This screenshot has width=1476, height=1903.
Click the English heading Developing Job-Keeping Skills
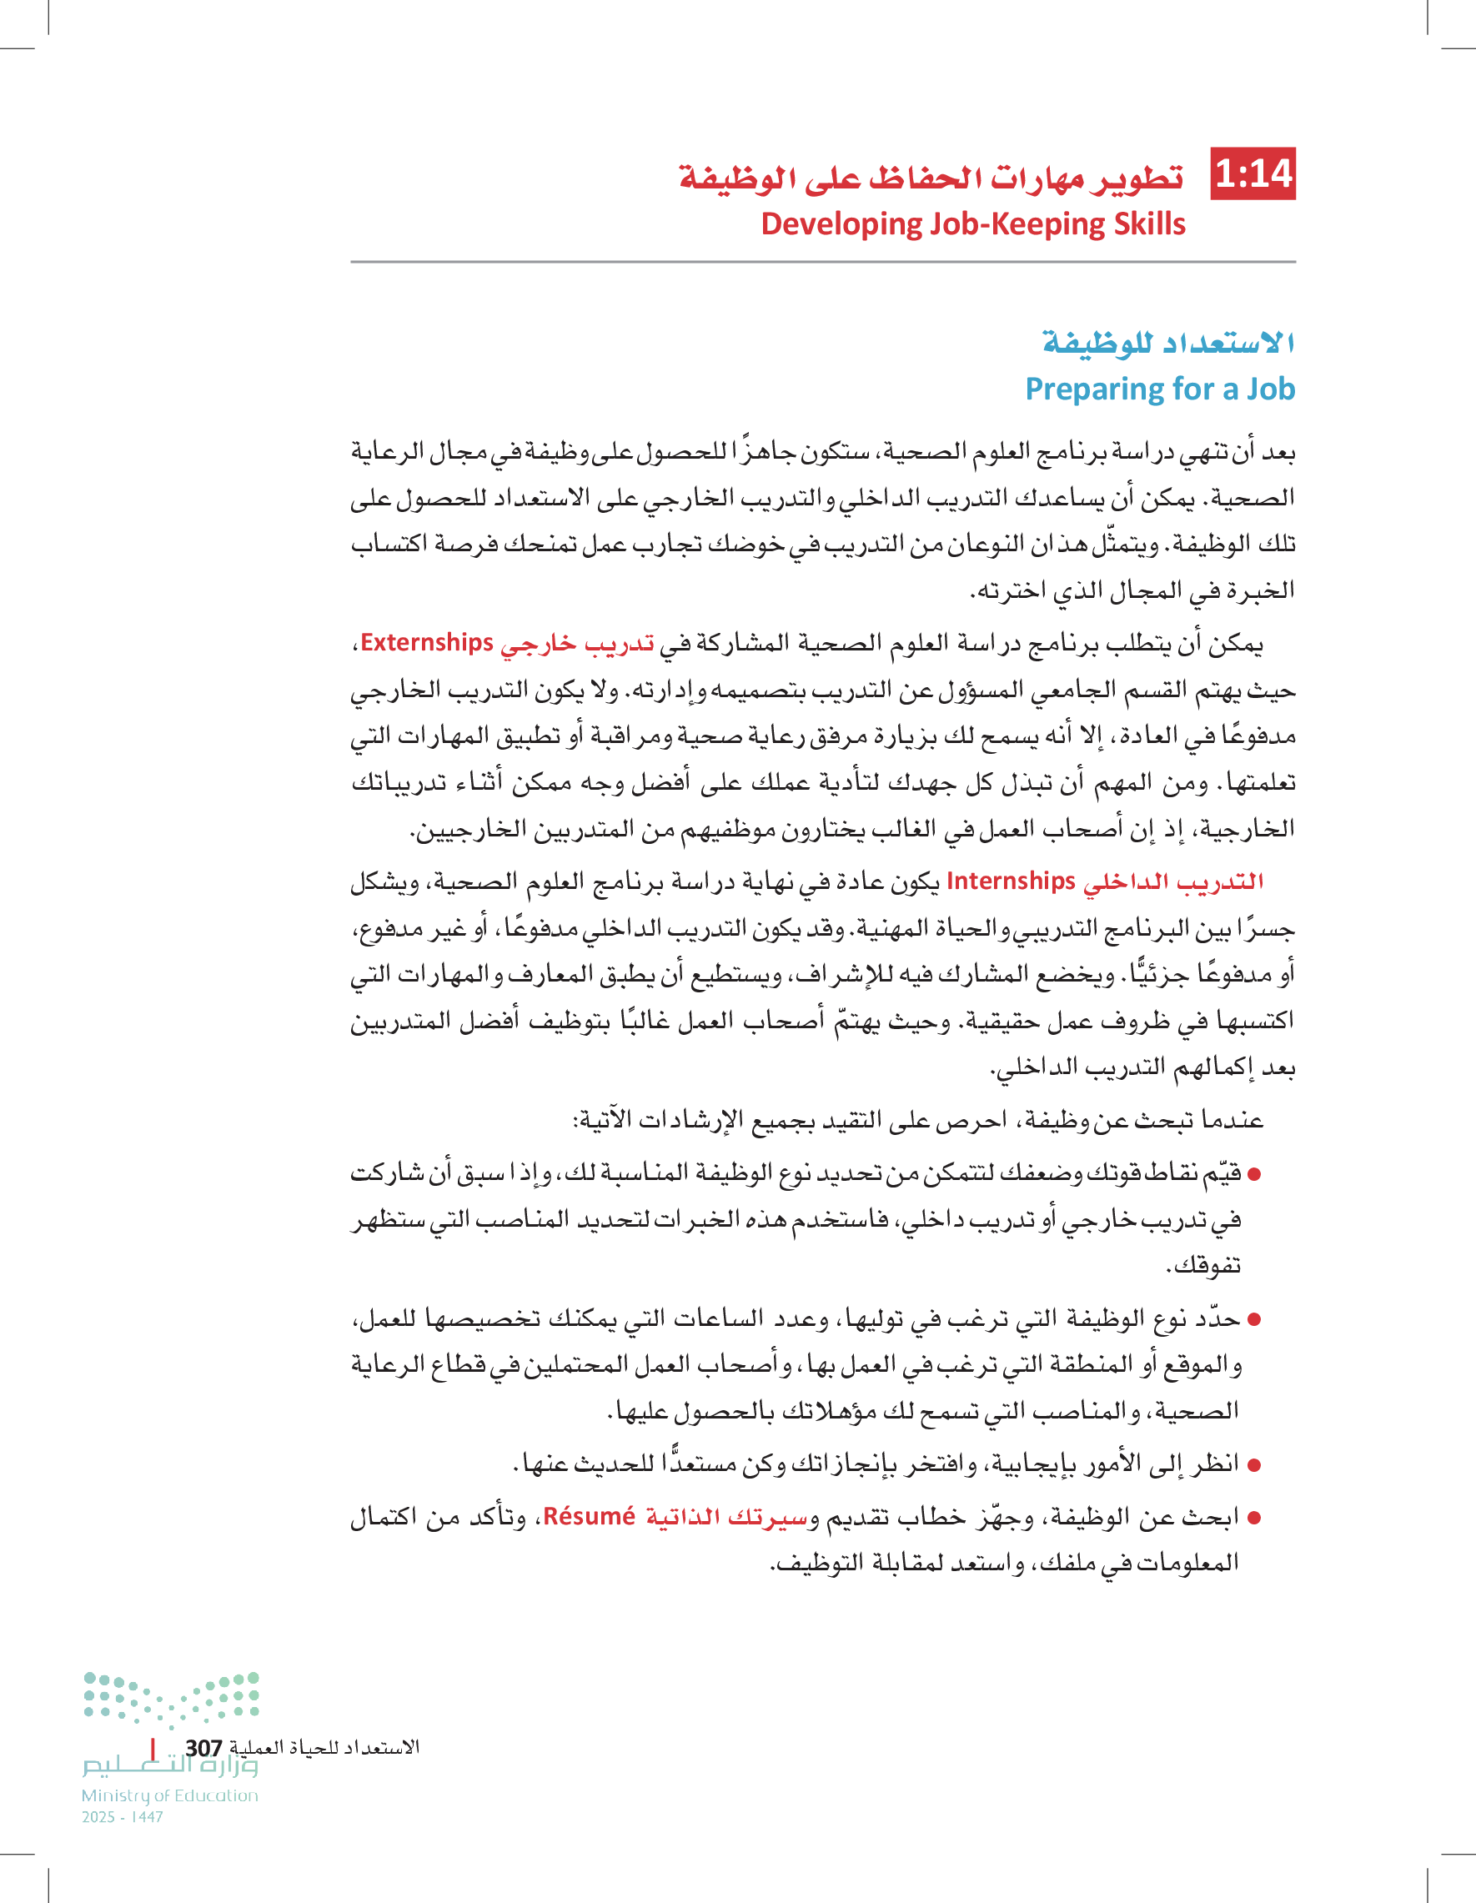(x=972, y=224)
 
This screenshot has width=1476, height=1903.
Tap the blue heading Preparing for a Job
(x=1159, y=389)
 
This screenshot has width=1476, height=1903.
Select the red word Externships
(x=427, y=642)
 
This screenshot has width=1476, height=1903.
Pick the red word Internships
(x=1011, y=881)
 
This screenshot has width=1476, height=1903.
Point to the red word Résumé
(x=589, y=1517)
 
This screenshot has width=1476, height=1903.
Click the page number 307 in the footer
(x=203, y=1748)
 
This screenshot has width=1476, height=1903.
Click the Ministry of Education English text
(x=170, y=1795)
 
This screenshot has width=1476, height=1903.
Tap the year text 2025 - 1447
(x=123, y=1817)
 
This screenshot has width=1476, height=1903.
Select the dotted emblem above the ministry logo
(x=172, y=1698)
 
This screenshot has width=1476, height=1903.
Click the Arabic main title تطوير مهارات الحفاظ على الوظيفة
(x=931, y=177)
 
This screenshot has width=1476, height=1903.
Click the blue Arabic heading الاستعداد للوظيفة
(x=1167, y=343)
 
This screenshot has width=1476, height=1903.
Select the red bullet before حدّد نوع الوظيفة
(x=1255, y=1320)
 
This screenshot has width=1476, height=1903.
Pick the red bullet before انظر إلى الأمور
(x=1255, y=1464)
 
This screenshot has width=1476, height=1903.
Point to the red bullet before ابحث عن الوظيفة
(x=1255, y=1518)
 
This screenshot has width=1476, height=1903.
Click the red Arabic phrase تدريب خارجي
(x=577, y=644)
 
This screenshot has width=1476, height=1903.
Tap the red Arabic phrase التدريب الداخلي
(x=1172, y=881)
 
